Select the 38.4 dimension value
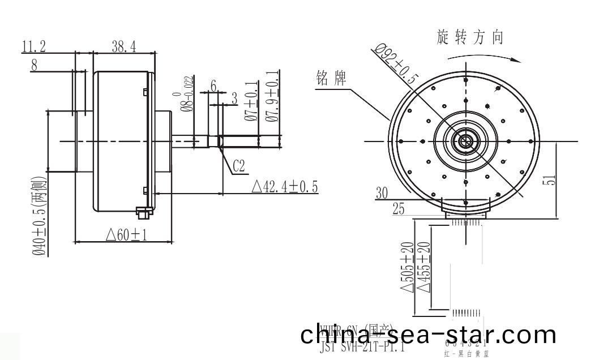(123, 47)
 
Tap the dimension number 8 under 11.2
(35, 65)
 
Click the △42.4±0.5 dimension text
(284, 187)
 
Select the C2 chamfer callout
(239, 166)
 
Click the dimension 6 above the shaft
(213, 84)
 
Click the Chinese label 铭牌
(331, 80)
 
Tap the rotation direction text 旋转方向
(470, 37)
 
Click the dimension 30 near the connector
(383, 193)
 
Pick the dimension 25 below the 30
(399, 209)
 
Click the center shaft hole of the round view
(465, 141)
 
